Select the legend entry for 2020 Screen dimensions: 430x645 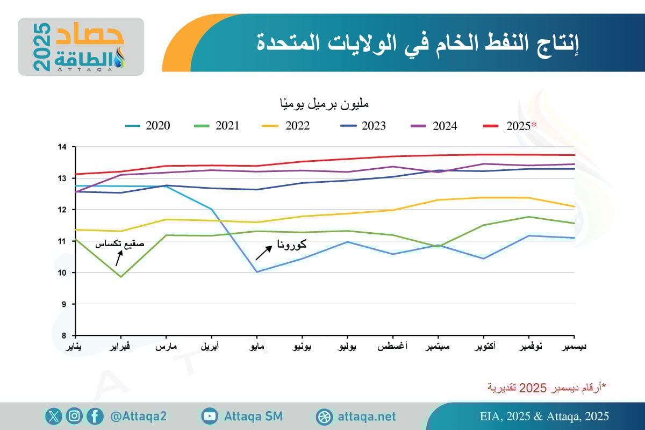[147, 126]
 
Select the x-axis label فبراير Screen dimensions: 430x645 [120, 347]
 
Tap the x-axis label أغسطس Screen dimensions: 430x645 [392, 347]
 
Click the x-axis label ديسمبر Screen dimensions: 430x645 [574, 347]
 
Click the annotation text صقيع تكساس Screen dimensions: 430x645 [120, 243]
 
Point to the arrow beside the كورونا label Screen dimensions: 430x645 [263, 253]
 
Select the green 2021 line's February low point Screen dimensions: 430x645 [121, 277]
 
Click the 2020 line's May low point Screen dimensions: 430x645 [257, 271]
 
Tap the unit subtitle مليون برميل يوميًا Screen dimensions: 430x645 [322, 102]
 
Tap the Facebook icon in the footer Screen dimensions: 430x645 [95, 417]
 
